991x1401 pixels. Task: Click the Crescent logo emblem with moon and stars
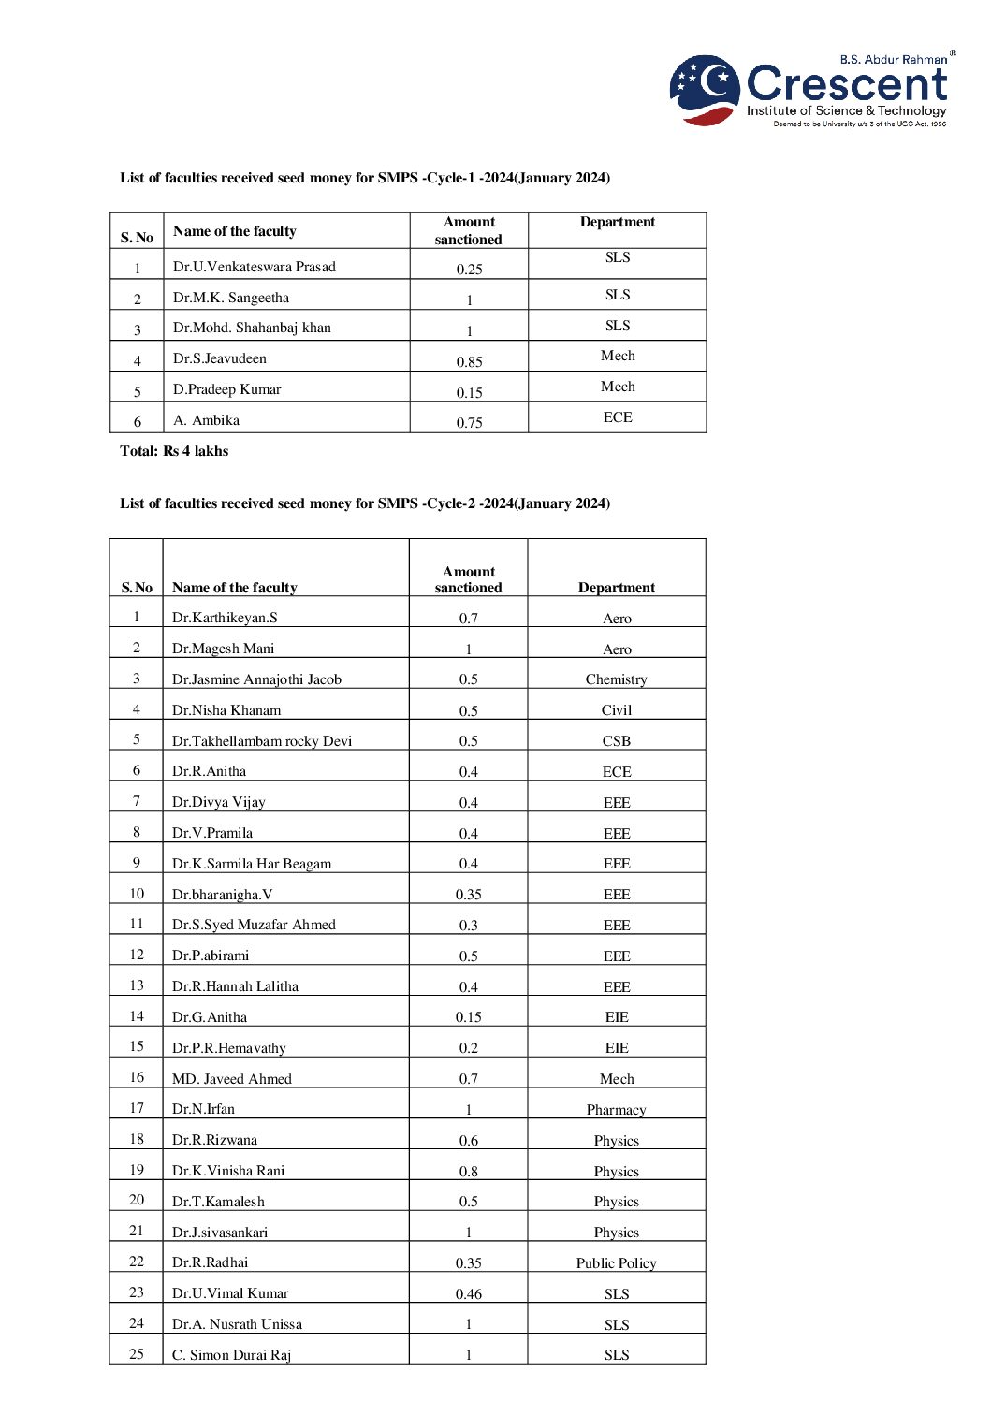[705, 89]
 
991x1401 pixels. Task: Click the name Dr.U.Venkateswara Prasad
[254, 267]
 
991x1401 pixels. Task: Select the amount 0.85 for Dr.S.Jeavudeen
[469, 361]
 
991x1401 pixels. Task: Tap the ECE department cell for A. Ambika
[617, 417]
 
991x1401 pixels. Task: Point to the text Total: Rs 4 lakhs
[174, 451]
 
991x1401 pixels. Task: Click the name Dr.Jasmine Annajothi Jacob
[256, 679]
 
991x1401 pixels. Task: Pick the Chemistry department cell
[616, 679]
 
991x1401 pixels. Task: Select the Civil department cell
[616, 710]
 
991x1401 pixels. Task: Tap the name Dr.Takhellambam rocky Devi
[262, 741]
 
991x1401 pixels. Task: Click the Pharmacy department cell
[616, 1110]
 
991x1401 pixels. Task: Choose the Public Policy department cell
[616, 1263]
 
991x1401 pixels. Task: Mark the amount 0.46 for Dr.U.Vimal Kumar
[468, 1294]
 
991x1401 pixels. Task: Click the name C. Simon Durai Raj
[231, 1355]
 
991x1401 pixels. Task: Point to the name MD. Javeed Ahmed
[232, 1079]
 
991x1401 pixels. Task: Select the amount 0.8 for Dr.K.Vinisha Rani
[468, 1172]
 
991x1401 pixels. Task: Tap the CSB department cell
[616, 741]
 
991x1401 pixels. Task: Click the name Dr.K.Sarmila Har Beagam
[252, 864]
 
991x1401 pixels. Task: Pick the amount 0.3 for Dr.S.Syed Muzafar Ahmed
[468, 926]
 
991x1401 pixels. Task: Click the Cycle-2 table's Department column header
[616, 588]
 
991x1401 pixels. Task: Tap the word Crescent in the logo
[847, 84]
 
